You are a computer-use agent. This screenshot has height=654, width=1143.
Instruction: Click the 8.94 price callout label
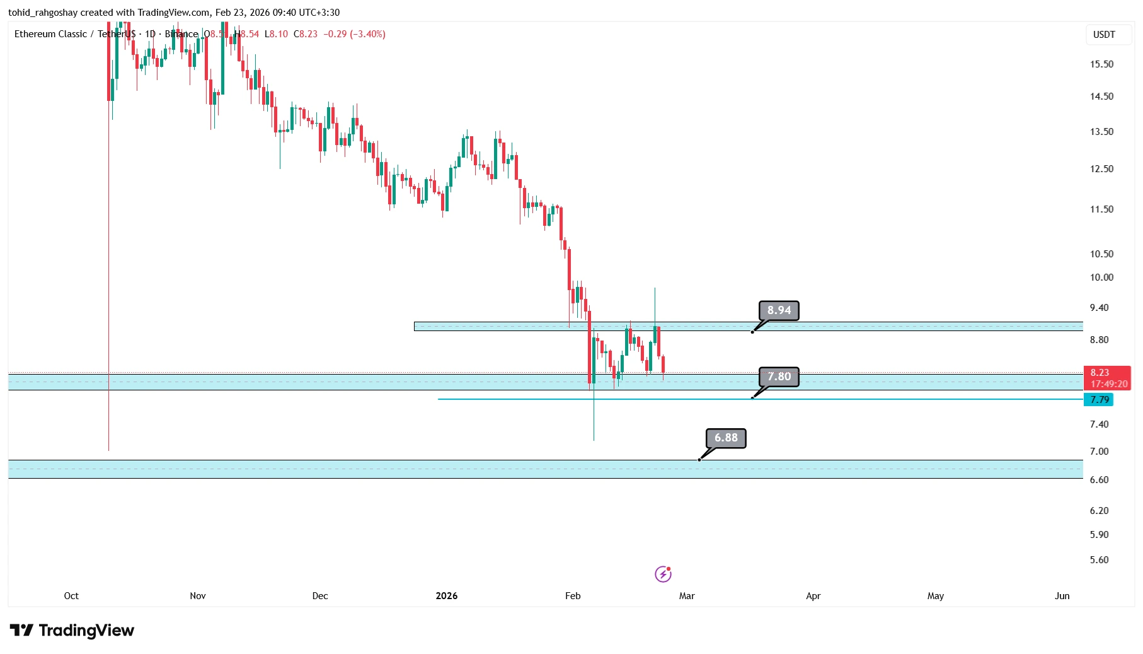click(779, 310)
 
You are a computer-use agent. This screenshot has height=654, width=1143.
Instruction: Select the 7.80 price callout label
click(779, 377)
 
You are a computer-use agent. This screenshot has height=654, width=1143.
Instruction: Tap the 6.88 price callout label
click(726, 438)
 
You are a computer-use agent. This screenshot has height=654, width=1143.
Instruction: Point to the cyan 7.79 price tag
click(1099, 400)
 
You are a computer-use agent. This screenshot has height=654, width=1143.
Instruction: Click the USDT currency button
click(1103, 35)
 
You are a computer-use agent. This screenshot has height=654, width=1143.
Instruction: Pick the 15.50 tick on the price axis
click(1101, 64)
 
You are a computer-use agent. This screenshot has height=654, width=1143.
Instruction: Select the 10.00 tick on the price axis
click(1101, 277)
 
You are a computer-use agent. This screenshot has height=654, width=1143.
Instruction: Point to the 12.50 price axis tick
click(1101, 169)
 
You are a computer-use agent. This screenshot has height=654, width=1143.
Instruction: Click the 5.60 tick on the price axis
click(1099, 560)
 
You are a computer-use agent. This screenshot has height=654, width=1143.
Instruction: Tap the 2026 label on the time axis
click(447, 596)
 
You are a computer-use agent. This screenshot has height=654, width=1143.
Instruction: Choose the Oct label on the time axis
click(71, 596)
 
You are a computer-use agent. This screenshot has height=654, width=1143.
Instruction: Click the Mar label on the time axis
click(687, 596)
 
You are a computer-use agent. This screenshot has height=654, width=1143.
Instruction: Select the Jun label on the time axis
click(1062, 596)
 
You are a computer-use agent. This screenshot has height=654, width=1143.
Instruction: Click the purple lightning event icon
click(663, 574)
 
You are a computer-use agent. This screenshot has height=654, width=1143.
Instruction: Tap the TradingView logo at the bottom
click(72, 631)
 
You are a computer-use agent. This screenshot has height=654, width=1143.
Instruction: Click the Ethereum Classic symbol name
click(50, 34)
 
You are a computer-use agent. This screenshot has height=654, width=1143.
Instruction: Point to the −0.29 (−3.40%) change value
click(354, 34)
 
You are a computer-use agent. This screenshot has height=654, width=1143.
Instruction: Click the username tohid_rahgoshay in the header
click(43, 13)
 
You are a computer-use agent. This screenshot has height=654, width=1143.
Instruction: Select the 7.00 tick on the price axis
click(1099, 452)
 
